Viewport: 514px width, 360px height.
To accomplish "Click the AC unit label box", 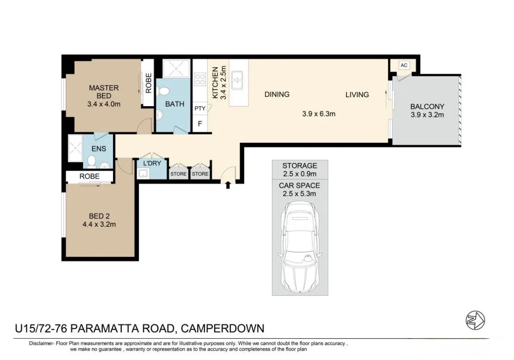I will pyautogui.click(x=404, y=65).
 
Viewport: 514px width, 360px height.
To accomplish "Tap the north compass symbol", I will pyautogui.click(x=476, y=319).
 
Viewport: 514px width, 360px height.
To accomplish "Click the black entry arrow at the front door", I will pyautogui.click(x=228, y=184).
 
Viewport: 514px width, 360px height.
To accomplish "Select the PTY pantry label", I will pyautogui.click(x=200, y=108).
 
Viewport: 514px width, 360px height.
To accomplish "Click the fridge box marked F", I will pyautogui.click(x=200, y=125).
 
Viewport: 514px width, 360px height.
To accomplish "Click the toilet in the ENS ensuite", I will pyautogui.click(x=91, y=162).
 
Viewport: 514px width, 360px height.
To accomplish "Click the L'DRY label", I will pyautogui.click(x=151, y=163).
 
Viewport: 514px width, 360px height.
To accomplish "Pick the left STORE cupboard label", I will pyautogui.click(x=179, y=174).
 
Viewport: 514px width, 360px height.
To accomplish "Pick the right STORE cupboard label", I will pyautogui.click(x=200, y=174).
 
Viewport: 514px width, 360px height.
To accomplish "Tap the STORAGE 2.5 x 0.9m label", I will pyautogui.click(x=300, y=170).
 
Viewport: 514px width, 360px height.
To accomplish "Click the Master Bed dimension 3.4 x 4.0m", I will pyautogui.click(x=104, y=104).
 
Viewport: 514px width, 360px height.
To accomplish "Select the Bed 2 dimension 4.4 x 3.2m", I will pyautogui.click(x=99, y=224).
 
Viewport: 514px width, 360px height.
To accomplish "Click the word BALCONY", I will pyautogui.click(x=427, y=107).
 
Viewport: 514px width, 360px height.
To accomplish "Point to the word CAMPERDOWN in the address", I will pyautogui.click(x=222, y=328).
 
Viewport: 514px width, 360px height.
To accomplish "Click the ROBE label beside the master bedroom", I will pyautogui.click(x=148, y=83).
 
